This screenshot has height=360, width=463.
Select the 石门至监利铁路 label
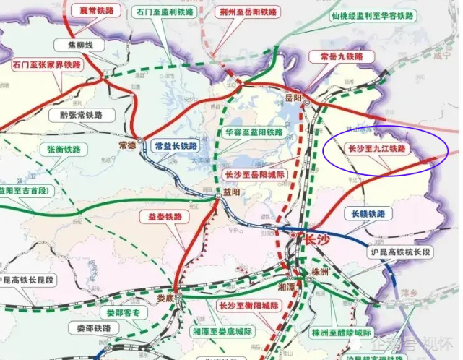click(165, 12)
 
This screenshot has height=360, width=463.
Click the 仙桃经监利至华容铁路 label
click(372, 15)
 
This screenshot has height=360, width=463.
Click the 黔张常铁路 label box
click(76, 114)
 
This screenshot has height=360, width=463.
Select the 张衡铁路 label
click(66, 149)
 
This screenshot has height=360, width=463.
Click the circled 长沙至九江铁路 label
click(376, 148)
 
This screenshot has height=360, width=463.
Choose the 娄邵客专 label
click(123, 313)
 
